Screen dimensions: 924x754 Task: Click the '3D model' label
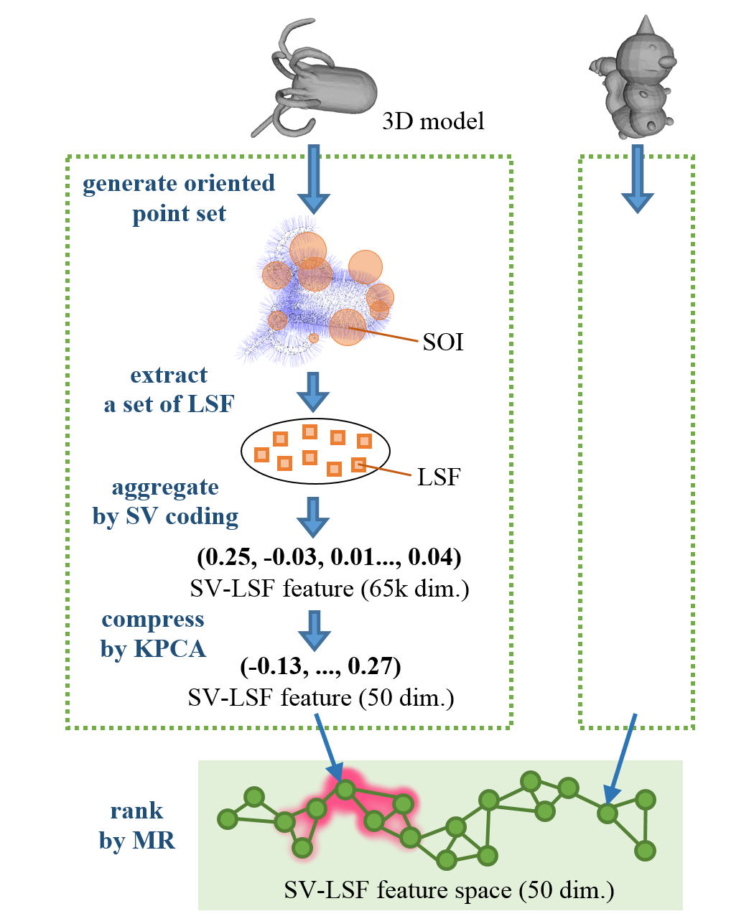pos(433,121)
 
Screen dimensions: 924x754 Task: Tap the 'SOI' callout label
pos(442,342)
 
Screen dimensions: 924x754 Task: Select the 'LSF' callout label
pos(438,476)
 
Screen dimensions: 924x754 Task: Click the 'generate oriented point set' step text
pos(179,198)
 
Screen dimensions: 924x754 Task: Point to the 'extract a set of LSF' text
pos(169,390)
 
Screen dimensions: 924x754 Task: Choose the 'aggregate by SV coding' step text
pos(165,502)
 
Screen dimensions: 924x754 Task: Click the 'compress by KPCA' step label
pos(153,634)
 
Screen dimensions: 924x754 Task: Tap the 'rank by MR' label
pos(137,826)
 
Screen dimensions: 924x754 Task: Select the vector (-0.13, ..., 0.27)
pos(320,667)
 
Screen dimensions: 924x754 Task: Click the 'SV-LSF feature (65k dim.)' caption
pos(330,589)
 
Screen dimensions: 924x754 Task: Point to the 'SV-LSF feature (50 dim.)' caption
pos(321,697)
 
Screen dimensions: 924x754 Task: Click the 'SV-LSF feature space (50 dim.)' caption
pos(449,890)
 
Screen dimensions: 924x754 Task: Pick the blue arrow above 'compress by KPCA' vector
pos(314,630)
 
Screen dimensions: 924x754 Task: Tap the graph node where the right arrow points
pos(608,813)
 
